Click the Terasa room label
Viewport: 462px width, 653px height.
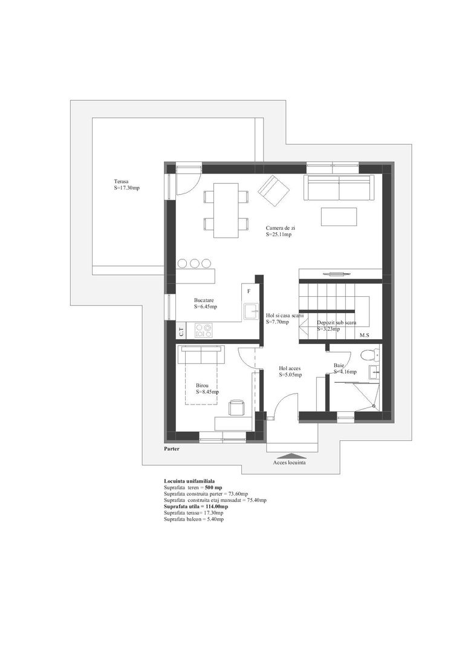point(122,181)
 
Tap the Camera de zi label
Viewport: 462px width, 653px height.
point(280,228)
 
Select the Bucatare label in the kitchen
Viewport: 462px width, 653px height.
point(204,300)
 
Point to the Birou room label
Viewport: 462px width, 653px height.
point(203,385)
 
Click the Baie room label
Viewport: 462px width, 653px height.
point(339,365)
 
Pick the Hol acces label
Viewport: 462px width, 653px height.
point(290,368)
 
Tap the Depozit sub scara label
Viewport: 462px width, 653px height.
point(336,323)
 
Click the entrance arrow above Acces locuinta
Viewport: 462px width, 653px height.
point(291,456)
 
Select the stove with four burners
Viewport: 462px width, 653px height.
point(203,330)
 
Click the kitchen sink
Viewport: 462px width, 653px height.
point(250,311)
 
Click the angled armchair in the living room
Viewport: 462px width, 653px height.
point(273,189)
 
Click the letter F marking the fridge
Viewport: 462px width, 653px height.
point(249,291)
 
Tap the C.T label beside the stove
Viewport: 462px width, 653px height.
point(181,331)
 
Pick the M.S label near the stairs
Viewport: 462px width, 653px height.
point(365,335)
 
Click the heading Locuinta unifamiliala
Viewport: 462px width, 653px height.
point(189,480)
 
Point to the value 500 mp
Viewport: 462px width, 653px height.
point(213,487)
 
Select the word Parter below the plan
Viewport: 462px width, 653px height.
point(172,449)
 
